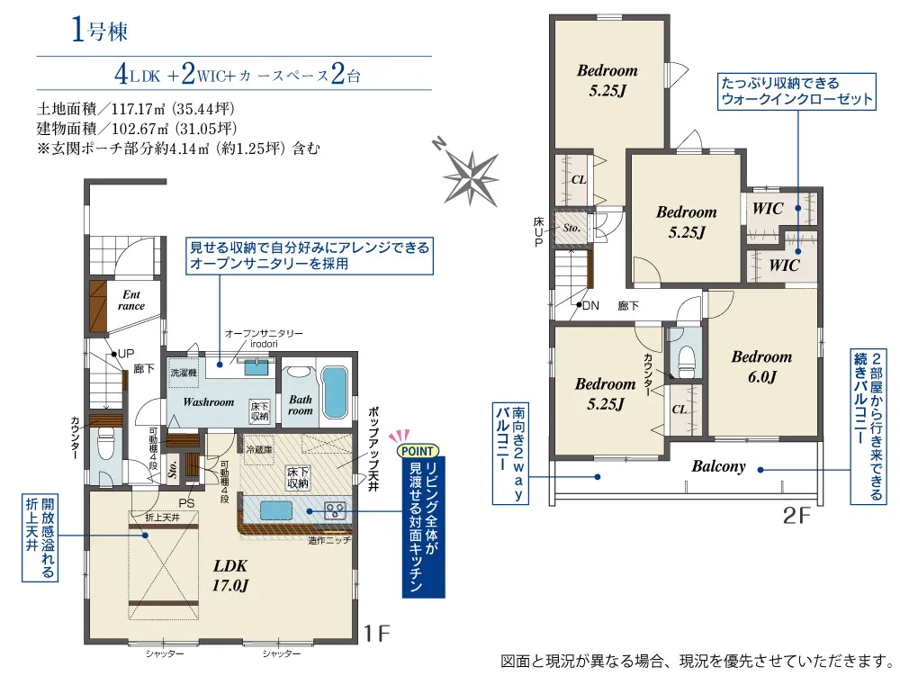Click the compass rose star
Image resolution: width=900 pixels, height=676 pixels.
click(472, 176)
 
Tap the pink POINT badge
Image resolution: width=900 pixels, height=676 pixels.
click(417, 451)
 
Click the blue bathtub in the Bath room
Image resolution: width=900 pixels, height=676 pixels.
click(334, 392)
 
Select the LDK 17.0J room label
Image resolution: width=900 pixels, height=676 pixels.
click(230, 575)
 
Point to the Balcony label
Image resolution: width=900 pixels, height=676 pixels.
click(718, 466)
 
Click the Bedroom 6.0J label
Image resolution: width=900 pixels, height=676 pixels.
click(761, 366)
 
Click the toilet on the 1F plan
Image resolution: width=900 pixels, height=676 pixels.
click(104, 446)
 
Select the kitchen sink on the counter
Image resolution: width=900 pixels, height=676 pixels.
click(276, 510)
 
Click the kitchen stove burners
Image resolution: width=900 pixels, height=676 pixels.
click(335, 510)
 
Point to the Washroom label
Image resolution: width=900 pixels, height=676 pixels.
click(209, 402)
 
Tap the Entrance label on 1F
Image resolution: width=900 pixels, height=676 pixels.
click(131, 300)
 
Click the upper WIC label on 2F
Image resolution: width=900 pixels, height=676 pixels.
click(768, 208)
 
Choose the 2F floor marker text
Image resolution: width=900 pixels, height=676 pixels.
click(796, 516)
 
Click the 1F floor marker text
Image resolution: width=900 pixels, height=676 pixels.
click(377, 634)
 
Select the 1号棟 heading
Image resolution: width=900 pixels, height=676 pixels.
click(99, 30)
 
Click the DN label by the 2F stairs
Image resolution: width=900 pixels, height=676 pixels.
click(590, 306)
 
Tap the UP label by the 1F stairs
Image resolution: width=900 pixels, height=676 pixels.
click(126, 354)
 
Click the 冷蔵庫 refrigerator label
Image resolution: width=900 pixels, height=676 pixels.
click(259, 450)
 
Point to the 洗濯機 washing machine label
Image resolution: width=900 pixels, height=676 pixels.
click(183, 373)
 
